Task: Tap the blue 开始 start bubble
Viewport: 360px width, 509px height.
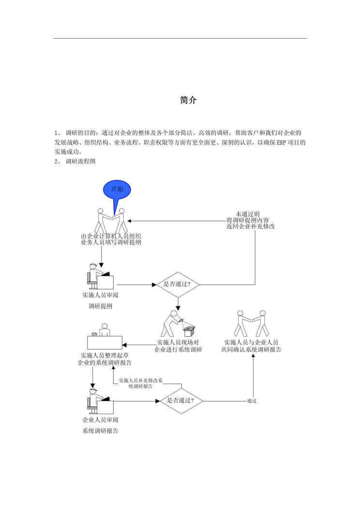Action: point(117,190)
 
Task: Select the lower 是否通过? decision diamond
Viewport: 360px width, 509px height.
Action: point(180,401)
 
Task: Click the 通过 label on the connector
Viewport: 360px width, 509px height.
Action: point(251,401)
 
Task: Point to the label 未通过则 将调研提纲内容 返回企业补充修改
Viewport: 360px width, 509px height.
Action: point(251,220)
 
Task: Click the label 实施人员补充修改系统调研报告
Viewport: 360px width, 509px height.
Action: point(141,383)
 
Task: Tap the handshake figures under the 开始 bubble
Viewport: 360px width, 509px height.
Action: point(112,221)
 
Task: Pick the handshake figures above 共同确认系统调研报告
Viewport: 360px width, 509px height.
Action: point(251,323)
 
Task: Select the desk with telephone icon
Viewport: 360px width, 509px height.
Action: point(105,338)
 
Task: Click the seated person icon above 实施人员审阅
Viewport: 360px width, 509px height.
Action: point(100,277)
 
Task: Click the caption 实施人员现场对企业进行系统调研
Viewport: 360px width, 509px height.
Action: point(178,346)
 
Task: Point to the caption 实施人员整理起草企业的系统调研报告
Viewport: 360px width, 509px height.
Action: point(106,359)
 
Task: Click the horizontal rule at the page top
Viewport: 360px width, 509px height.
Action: point(180,39)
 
